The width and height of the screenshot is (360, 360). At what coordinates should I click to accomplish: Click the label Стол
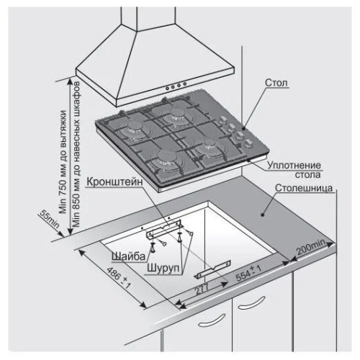click(x=276, y=83)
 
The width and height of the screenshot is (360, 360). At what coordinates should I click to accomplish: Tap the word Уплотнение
click(x=294, y=166)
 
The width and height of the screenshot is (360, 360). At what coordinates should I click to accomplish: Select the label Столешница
click(x=304, y=188)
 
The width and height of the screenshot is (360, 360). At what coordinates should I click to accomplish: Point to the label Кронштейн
click(x=114, y=181)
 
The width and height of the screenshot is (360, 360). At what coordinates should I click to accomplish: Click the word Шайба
click(x=129, y=256)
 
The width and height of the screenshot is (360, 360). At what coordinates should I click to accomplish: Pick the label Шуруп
click(x=163, y=268)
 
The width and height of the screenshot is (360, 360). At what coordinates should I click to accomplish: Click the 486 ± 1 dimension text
click(x=118, y=278)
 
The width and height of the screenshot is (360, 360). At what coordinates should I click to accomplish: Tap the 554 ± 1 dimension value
click(x=248, y=273)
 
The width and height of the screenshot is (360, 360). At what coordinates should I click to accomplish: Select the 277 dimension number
click(x=201, y=289)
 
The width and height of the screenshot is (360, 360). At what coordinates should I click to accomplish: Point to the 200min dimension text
click(x=311, y=247)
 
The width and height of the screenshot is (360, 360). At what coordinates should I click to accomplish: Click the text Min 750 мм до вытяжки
click(x=63, y=162)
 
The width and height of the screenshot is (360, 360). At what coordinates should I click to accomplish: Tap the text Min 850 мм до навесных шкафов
click(x=76, y=154)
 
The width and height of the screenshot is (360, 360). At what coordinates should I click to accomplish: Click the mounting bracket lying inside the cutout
click(x=212, y=269)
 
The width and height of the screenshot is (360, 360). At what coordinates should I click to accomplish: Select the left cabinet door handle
click(x=212, y=320)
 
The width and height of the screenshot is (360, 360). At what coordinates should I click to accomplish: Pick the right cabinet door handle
click(x=251, y=303)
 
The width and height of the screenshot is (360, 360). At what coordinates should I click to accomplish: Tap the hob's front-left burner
click(x=165, y=159)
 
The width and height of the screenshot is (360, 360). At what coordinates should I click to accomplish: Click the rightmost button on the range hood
click(x=185, y=84)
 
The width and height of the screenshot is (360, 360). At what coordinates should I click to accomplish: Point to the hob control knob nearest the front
click(x=248, y=144)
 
